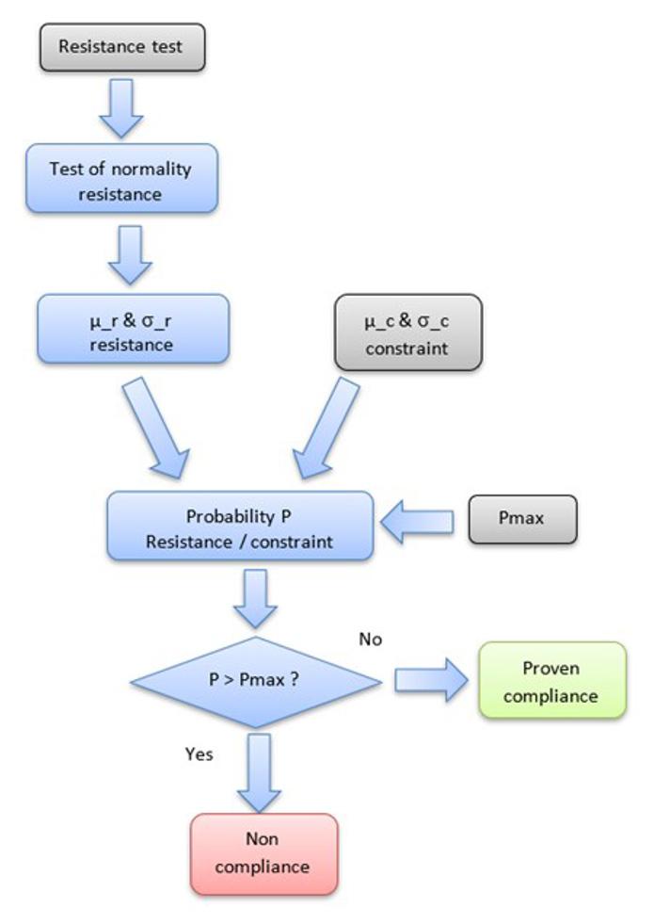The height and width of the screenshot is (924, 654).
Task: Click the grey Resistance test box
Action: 122,47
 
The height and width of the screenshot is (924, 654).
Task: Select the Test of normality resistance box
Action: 121,179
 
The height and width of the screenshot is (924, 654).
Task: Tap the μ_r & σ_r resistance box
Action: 133,329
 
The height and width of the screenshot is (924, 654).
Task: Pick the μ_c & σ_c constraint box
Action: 408,332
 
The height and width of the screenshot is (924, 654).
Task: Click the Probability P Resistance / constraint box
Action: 240,526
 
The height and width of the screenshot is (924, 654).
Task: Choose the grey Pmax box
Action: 522,519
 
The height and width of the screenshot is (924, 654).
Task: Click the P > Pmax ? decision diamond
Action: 256,682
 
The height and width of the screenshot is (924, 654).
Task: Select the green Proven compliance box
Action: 552,681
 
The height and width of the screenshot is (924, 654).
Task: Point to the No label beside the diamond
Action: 370,640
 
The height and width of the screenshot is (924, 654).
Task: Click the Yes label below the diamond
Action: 199,754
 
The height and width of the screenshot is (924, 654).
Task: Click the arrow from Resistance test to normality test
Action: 121,108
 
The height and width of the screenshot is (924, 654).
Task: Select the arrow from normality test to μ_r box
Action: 130,255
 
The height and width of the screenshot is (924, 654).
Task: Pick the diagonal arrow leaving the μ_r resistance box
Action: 156,429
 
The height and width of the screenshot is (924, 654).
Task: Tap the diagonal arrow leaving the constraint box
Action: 327,429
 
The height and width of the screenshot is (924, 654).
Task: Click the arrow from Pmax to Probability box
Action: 418,522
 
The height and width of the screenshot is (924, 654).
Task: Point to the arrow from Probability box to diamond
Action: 255,599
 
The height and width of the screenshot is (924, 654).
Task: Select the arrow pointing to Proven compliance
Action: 432,681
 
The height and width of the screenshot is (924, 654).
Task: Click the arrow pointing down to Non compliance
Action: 259,773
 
